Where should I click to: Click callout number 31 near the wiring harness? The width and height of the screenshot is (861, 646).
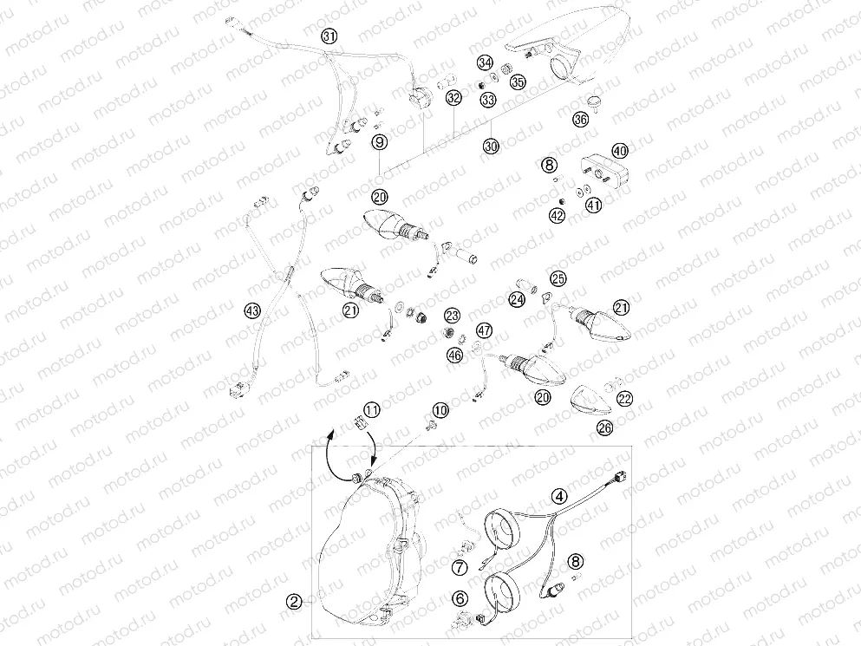click(x=329, y=36)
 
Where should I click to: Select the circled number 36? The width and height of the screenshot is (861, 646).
click(x=580, y=119)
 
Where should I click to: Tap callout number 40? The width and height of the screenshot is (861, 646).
click(x=620, y=151)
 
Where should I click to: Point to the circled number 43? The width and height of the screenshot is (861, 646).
click(x=252, y=311)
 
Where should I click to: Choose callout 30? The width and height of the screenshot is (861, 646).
click(x=491, y=147)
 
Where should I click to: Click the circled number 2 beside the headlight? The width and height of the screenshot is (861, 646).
click(x=294, y=602)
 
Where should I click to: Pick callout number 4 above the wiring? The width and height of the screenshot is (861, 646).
click(x=559, y=497)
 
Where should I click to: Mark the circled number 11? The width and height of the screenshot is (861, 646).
click(x=372, y=410)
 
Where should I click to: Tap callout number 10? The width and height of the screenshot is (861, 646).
click(x=440, y=410)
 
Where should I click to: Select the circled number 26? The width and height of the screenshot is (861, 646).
click(x=604, y=427)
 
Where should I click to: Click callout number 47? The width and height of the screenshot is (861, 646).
click(x=484, y=330)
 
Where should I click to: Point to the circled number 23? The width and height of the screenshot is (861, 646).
click(x=452, y=316)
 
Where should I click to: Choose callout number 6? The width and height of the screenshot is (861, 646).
click(x=460, y=598)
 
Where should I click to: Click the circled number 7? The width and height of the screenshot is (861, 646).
click(x=460, y=567)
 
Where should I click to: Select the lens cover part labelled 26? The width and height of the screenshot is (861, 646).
click(x=590, y=400)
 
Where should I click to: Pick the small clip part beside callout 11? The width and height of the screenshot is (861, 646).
click(x=359, y=424)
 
